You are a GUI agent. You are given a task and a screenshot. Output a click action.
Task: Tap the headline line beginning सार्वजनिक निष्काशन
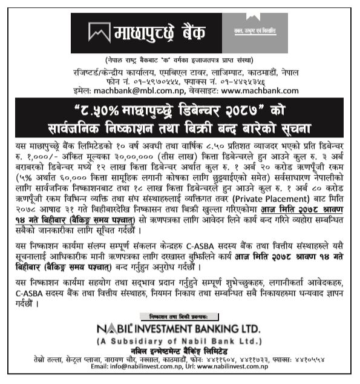pos(179,128)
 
